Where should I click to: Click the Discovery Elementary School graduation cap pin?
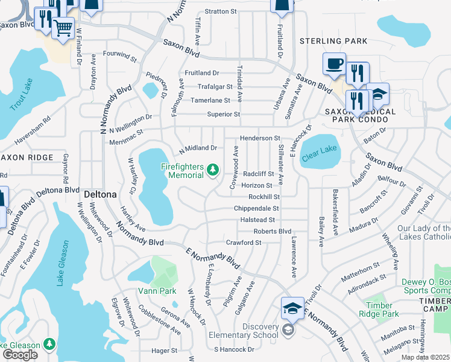(292, 308)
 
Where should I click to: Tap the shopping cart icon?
(63, 27)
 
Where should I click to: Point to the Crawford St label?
(244, 243)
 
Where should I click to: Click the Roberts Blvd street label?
(272, 231)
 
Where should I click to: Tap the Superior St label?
(224, 114)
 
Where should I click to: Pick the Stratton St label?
(221, 11)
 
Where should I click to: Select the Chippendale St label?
(257, 208)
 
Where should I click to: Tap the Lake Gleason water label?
(64, 263)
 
